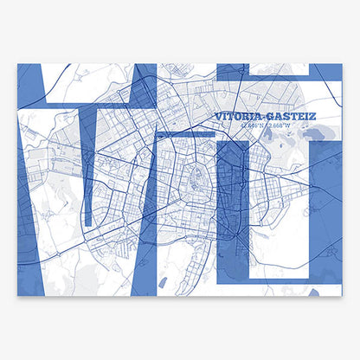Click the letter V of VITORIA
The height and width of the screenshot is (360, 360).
point(216,114)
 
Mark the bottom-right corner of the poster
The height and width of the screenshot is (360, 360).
point(341,294)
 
